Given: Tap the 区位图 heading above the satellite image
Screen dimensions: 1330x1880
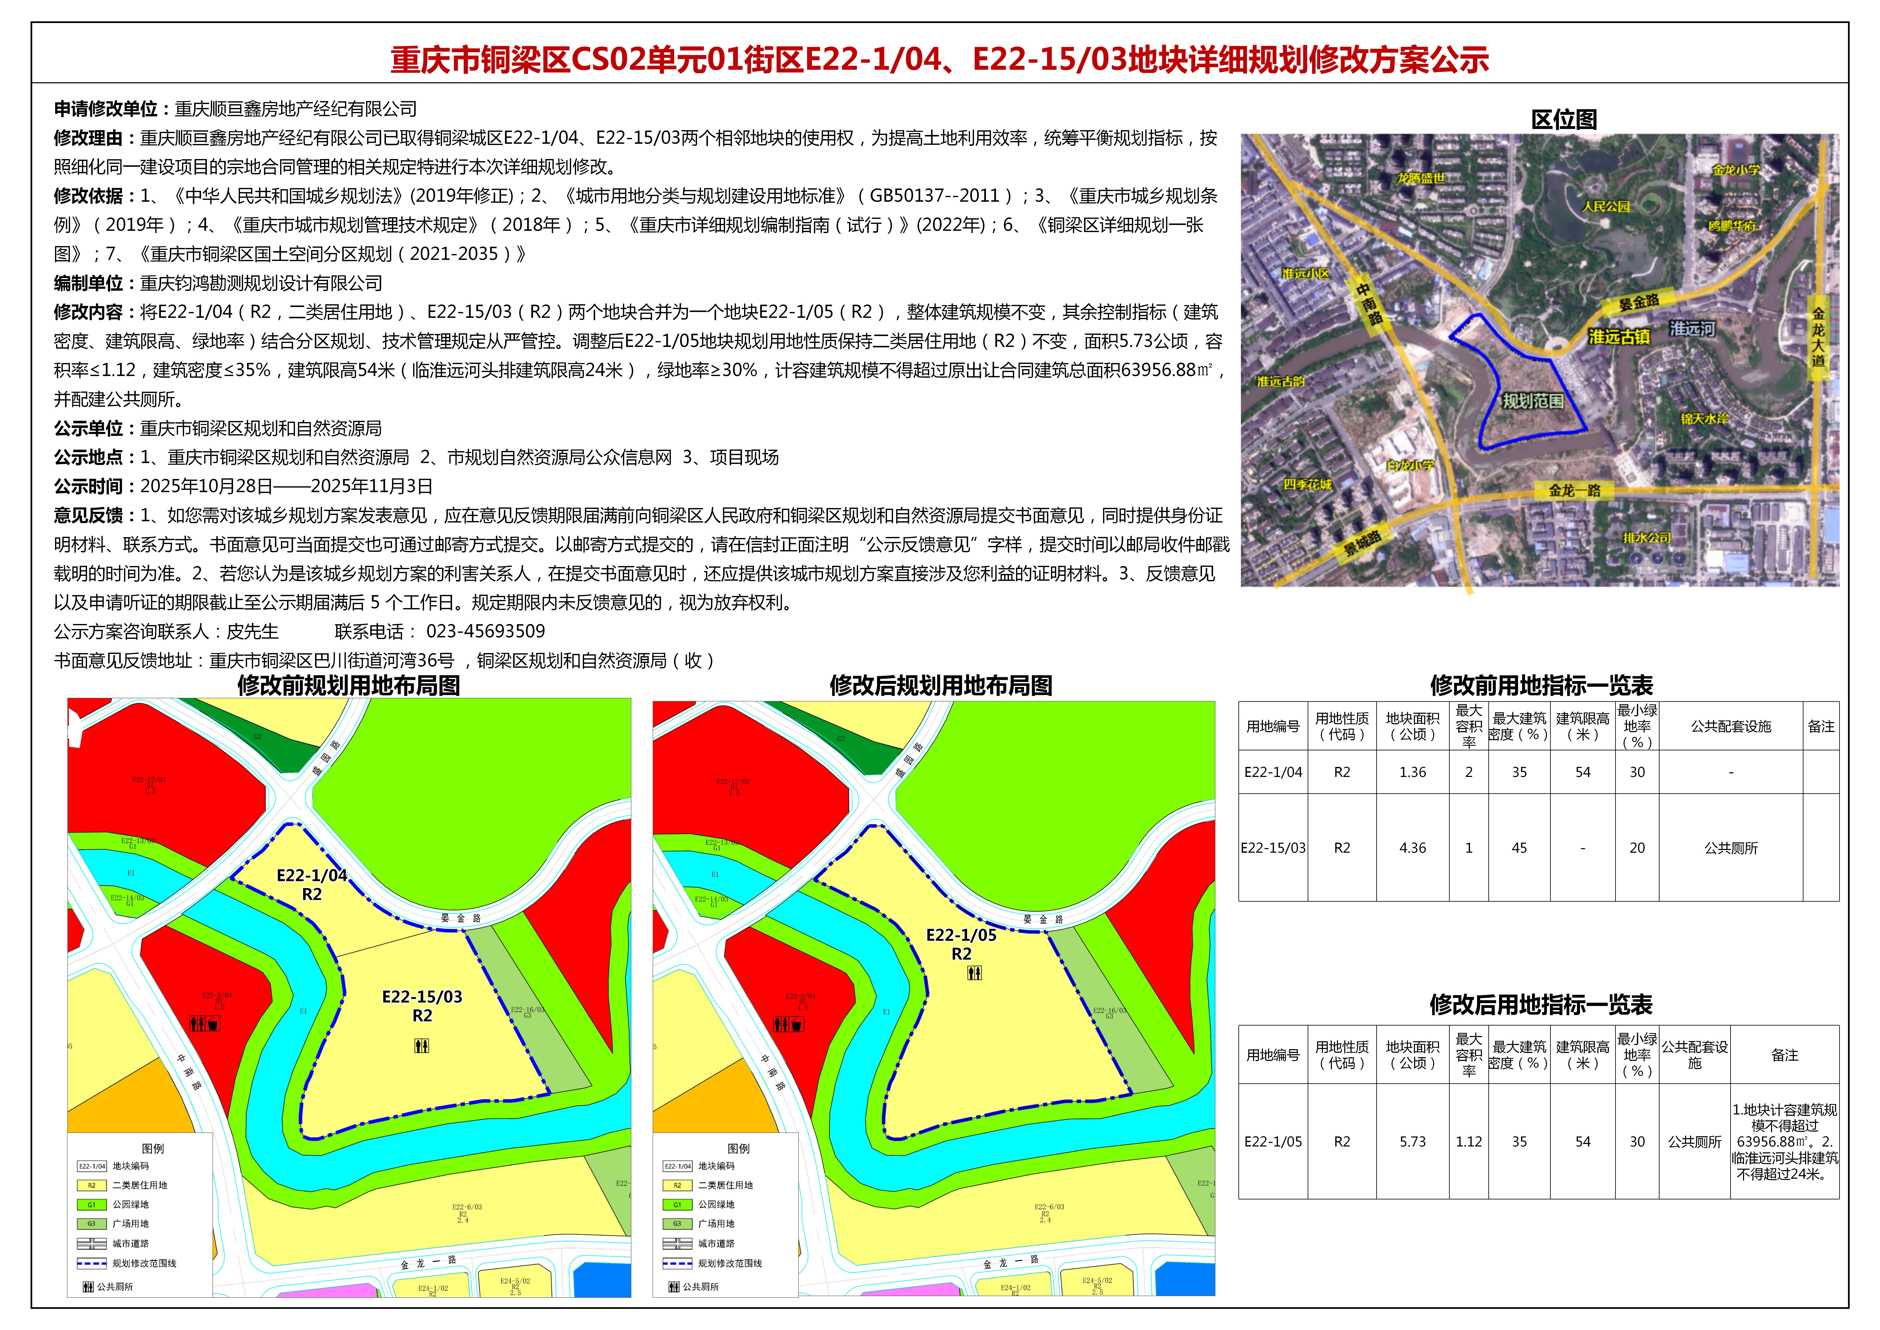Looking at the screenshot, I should click(1564, 119).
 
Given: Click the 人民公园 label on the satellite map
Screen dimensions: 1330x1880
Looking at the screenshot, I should click(1606, 206).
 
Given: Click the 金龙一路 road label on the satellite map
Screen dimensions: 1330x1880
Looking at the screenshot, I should click(1574, 490).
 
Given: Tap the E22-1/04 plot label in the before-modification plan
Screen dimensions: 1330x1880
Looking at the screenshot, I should click(312, 876).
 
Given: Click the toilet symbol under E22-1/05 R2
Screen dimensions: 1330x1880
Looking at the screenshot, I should click(974, 973).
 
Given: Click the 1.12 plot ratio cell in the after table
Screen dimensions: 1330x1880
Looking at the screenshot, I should click(1469, 1142).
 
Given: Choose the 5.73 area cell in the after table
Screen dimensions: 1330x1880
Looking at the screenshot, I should click(1412, 1142).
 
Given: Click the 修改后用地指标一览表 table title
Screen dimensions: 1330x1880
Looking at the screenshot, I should click(1540, 1005).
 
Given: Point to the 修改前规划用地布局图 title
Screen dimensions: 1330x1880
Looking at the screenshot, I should click(349, 686).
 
